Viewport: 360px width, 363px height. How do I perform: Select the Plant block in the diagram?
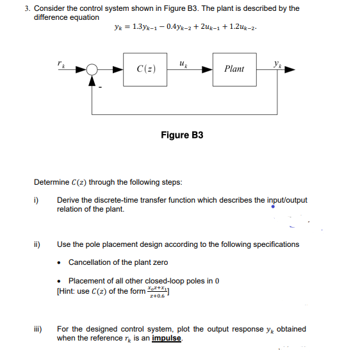coord(234,69)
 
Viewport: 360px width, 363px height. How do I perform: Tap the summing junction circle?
coord(94,69)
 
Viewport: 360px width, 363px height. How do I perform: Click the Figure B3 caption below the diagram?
coord(182,135)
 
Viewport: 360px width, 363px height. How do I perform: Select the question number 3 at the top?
coord(27,9)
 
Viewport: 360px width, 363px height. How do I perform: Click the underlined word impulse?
coord(166,338)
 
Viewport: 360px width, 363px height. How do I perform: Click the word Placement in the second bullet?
coord(86,281)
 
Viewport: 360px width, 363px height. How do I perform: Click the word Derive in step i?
coord(68,200)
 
